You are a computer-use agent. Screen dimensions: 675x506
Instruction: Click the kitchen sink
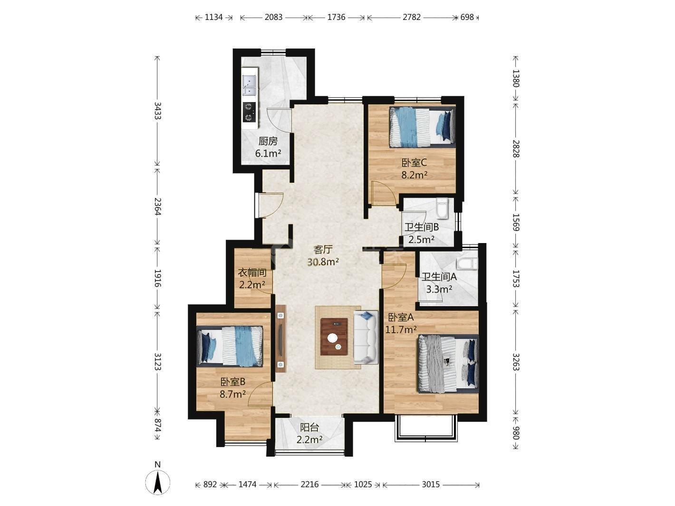250,85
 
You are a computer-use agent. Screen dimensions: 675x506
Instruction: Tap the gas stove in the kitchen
249,112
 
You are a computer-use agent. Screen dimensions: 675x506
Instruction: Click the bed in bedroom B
230,347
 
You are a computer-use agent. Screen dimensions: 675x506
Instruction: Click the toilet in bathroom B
442,208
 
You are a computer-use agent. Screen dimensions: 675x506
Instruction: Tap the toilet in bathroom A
467,264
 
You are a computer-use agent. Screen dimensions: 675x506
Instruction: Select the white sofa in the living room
366,337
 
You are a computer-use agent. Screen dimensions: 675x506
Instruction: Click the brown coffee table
334,337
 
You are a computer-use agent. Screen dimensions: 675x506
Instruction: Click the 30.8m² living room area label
323,262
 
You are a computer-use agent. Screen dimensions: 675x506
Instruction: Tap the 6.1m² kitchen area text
268,153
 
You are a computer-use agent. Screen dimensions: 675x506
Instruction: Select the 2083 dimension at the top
273,17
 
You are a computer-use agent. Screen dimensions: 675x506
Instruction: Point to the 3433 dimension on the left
158,111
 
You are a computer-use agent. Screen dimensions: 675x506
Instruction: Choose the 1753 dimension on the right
516,279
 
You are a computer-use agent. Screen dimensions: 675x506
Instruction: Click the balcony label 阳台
309,427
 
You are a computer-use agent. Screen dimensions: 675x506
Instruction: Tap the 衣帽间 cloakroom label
252,272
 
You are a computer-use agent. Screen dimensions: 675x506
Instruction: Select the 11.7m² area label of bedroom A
401,330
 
